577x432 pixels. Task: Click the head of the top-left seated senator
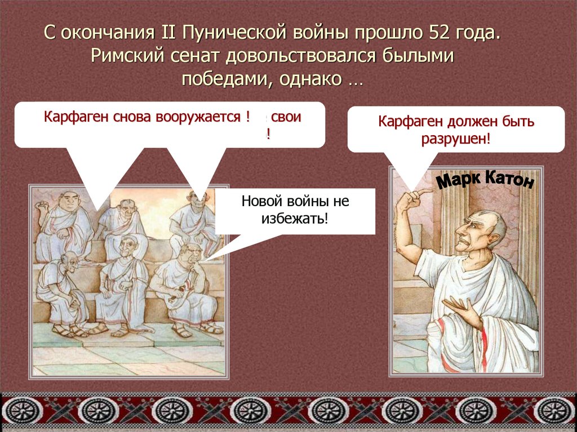click(x=69, y=201)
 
